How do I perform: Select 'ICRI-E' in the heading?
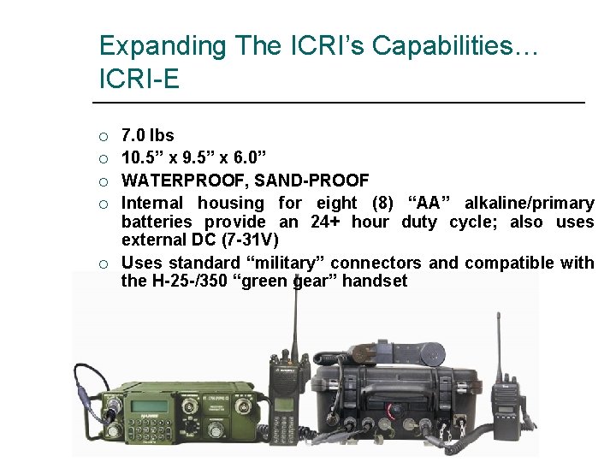pyautogui.click(x=139, y=80)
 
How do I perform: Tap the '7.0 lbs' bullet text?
pyautogui.click(x=148, y=135)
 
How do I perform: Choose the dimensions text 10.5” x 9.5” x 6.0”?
pyautogui.click(x=194, y=157)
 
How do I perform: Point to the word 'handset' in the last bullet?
pyautogui.click(x=375, y=281)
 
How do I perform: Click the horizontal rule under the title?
pyautogui.click(x=342, y=104)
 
